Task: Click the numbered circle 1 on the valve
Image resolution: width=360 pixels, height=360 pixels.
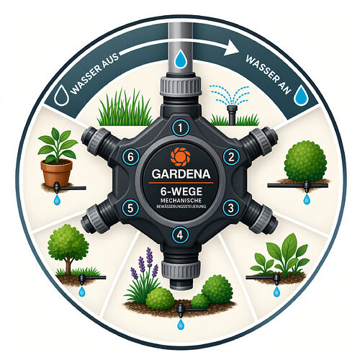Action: [181, 128]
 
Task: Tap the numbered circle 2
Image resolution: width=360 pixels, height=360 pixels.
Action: [231, 157]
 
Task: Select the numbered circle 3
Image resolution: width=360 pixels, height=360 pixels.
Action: [230, 208]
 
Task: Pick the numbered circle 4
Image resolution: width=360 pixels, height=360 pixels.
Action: [180, 235]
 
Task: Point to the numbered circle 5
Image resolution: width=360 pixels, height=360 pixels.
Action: [130, 208]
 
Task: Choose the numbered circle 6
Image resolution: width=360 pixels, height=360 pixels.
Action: [130, 157]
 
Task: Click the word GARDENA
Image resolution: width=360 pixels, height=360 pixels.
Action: [181, 174]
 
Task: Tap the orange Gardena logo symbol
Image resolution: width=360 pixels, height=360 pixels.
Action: [180, 157]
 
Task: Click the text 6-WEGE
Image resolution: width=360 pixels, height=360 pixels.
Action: [181, 192]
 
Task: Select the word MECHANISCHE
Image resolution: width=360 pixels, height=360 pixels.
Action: [181, 200]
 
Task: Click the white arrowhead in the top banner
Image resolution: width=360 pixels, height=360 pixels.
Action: [231, 48]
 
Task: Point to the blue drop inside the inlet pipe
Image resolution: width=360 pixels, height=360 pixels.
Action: [180, 58]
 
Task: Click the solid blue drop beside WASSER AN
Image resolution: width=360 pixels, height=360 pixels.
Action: [301, 95]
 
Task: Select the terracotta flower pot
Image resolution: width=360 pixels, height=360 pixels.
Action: [57, 174]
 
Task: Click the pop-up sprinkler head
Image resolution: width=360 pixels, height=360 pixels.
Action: [231, 114]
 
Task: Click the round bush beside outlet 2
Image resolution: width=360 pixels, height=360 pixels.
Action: [305, 161]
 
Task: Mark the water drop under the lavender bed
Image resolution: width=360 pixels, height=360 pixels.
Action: [181, 324]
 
